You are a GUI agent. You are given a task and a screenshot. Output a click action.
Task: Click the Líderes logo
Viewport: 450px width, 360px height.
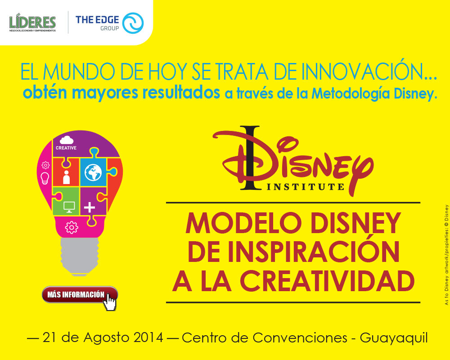[x=32, y=22]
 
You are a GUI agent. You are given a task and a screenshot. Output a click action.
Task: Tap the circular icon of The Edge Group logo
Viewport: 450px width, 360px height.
[x=133, y=23]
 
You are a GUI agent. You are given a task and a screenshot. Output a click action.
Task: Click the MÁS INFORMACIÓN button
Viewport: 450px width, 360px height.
[x=80, y=295]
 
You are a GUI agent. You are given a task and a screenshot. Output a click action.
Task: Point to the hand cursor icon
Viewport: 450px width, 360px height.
[x=110, y=301]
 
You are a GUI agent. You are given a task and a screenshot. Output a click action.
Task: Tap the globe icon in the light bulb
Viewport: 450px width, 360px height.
[x=93, y=172]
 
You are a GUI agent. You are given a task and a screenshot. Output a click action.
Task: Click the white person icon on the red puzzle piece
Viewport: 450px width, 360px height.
[x=66, y=177]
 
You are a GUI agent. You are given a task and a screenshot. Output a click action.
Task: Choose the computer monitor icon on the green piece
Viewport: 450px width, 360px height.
[x=69, y=207]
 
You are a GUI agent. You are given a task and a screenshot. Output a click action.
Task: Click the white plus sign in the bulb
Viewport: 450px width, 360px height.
[x=90, y=207]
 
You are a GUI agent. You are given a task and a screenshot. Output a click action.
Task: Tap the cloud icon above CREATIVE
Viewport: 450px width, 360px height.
[x=67, y=140]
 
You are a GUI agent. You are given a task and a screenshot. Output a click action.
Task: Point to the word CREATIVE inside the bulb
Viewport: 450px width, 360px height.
[x=66, y=148]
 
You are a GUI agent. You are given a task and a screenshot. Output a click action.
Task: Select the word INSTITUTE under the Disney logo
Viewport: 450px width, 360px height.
[x=306, y=187]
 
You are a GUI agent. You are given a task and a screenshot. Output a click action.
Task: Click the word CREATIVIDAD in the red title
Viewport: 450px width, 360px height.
[x=327, y=281]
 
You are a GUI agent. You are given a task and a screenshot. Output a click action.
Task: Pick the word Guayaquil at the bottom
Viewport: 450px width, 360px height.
[x=394, y=338]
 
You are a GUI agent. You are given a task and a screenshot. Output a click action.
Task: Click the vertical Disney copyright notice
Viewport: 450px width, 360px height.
[x=446, y=255]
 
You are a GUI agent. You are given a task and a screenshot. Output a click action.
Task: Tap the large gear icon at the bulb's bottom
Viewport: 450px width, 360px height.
[x=72, y=228]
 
